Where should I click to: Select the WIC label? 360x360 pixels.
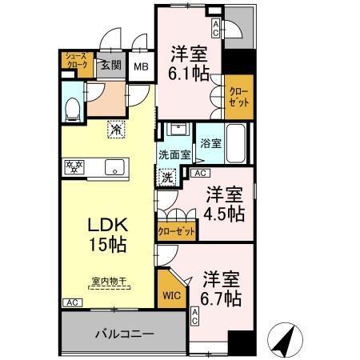171,294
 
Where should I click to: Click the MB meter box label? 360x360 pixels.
141,68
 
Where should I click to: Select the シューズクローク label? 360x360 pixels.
76,63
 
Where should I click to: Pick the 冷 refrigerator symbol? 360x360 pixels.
116,126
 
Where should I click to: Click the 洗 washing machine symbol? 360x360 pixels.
169,177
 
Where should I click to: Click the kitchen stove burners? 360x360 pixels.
74,167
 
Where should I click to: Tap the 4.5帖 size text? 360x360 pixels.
225,214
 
